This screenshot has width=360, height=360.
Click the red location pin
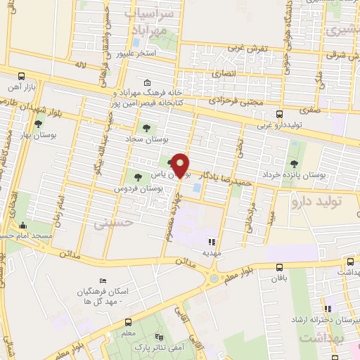(181, 165)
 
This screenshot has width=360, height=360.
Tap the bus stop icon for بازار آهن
(21, 76)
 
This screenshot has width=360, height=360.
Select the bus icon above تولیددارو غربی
(279, 114)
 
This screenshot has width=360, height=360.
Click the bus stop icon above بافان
(280, 267)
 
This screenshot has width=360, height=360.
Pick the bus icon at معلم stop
(128, 316)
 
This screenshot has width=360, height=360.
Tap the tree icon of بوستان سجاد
(146, 127)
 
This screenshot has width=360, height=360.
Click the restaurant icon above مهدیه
(212, 242)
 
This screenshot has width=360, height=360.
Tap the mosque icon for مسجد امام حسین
(23, 226)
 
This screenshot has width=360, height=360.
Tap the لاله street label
(79, 65)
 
